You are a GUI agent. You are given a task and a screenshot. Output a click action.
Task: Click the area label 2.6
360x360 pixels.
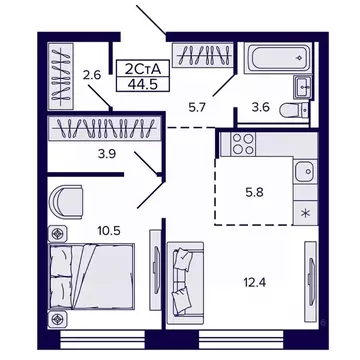click(x=92, y=74)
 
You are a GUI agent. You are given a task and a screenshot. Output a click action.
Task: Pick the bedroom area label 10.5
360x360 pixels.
click(x=108, y=228)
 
